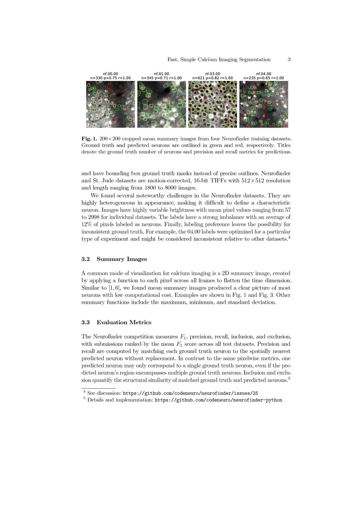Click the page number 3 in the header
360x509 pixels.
[289, 60]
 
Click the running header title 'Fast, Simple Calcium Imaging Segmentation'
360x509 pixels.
[219, 60]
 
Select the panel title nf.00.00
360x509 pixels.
[110, 74]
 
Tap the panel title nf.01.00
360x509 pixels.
[161, 74]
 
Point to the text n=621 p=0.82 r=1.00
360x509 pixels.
[212, 78]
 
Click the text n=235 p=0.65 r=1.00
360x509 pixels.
[263, 78]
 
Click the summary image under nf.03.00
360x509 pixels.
[212, 104]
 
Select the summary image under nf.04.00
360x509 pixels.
[263, 104]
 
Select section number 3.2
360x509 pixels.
[86, 259]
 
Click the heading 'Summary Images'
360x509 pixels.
[122, 259]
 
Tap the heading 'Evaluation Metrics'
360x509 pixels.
[124, 322]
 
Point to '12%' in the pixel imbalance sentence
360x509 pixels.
[87, 224]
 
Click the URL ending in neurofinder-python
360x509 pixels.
[219, 399]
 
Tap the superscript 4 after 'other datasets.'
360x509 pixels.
[289, 237]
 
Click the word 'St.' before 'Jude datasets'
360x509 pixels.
[97, 180]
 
